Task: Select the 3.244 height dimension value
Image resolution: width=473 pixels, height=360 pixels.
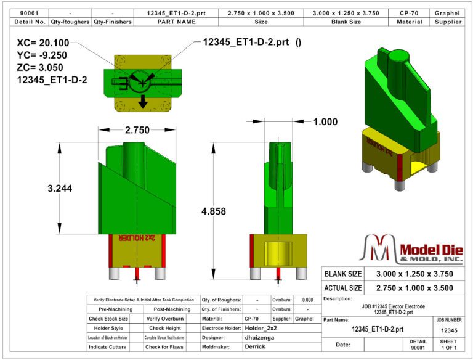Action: tap(60, 189)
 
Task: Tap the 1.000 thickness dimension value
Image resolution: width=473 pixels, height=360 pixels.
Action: tap(325, 121)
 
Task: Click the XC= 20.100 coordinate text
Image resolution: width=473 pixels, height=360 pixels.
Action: tap(44, 44)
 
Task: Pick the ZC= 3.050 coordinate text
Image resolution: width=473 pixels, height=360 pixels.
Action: tap(41, 67)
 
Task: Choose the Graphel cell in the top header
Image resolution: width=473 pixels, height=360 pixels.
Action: tap(448, 12)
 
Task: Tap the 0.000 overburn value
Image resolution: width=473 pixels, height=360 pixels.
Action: tap(307, 300)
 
